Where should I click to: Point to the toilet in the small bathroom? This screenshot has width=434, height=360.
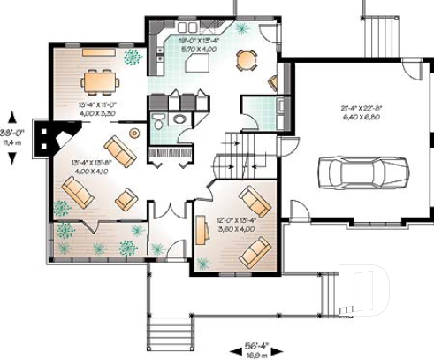coord(158,122)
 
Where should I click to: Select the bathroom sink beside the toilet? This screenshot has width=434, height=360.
coord(179,119)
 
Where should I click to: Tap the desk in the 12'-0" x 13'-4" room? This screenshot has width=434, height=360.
coord(202,234)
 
